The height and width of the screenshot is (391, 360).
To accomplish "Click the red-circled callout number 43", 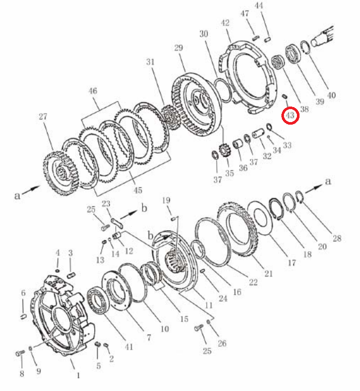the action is coord(290,115).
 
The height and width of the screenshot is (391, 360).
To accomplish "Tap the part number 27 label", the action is coord(43,116).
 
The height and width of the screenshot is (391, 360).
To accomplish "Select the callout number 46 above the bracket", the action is coord(93,91).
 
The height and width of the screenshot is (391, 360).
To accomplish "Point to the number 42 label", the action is coord(225,23).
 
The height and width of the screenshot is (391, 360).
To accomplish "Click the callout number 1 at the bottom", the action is coord(78,375).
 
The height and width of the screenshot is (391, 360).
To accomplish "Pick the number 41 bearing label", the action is coord(129,347).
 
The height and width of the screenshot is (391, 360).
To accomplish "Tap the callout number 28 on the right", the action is coord(337,238).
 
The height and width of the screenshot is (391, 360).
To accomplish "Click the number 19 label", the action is coord(166,200).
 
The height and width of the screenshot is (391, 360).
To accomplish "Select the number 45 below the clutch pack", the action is coord(138,190).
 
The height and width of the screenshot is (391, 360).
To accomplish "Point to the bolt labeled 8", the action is coord(20,353).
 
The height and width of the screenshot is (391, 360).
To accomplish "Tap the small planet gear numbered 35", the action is coord(223,151).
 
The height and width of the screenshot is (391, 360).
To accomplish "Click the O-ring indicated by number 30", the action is coord(222,91).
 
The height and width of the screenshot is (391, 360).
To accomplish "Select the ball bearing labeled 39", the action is coord(293,54).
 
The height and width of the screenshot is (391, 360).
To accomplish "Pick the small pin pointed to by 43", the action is coord(285,96).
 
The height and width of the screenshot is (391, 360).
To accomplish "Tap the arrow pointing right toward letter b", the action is coord(129,214).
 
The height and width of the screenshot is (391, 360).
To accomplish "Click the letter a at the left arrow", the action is coord(17,195).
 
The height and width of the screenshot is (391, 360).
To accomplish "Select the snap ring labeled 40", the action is coord(305,47).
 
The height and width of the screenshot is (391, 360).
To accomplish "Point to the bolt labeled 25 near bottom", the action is coord(199,328).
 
